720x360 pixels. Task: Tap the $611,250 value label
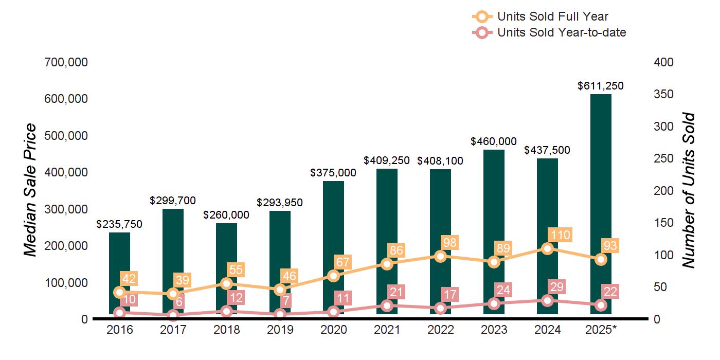(x=600, y=86)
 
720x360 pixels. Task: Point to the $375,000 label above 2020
(x=333, y=173)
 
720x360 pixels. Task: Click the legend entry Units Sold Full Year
(x=552, y=16)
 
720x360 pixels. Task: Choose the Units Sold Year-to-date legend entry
(x=561, y=32)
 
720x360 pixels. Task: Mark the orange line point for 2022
(x=440, y=256)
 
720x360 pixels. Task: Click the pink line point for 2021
(x=387, y=306)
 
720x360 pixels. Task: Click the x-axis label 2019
(x=280, y=330)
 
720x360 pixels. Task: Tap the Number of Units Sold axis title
(x=688, y=190)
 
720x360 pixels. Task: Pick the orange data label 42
(x=129, y=279)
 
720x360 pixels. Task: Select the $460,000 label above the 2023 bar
(x=494, y=141)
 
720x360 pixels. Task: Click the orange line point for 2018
(x=226, y=283)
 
